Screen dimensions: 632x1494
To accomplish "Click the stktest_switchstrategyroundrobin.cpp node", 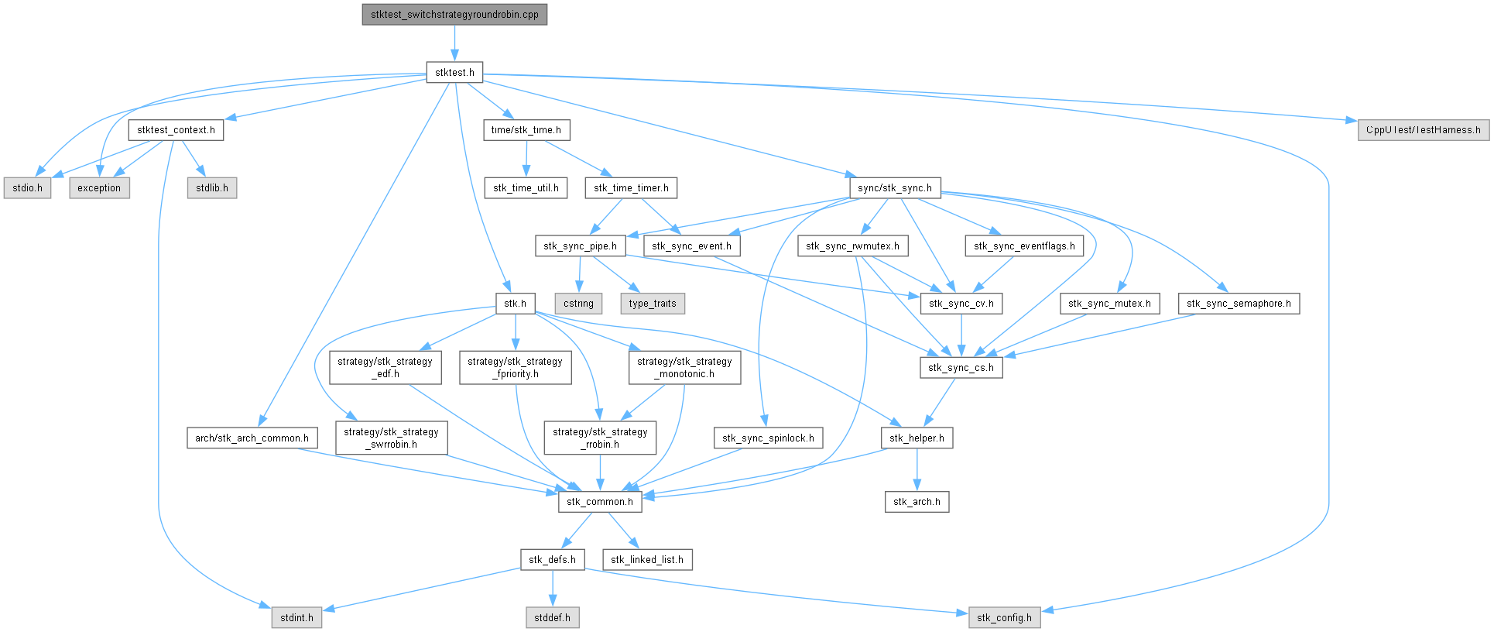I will click(x=454, y=15).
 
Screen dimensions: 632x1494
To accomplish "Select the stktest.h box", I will click(x=454, y=73).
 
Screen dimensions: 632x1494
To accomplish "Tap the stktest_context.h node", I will click(x=176, y=130).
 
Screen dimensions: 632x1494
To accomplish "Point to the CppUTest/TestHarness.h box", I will click(x=1423, y=130).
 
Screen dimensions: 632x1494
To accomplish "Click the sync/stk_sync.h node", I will click(x=894, y=188).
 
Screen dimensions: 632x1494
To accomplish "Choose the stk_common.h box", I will click(x=599, y=502).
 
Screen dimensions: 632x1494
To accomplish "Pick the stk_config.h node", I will click(x=1004, y=618).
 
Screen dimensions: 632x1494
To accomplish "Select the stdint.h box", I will click(x=296, y=618).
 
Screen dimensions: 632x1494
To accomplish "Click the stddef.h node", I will click(x=552, y=618).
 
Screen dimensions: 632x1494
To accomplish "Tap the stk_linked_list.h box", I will click(x=646, y=560).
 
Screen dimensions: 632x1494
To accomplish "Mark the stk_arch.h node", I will click(x=917, y=502).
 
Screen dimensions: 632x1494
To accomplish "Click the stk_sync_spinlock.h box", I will click(x=768, y=438).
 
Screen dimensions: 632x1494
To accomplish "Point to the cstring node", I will click(x=578, y=304).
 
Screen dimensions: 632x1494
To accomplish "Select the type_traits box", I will click(x=653, y=304).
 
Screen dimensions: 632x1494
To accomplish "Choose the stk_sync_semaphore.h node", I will click(x=1239, y=304).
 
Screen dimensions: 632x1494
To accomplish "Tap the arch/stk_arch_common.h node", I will click(x=252, y=438).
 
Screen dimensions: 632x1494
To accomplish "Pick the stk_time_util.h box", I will click(x=526, y=188).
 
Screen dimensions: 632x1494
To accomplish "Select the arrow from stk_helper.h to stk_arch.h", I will click(x=917, y=470).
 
